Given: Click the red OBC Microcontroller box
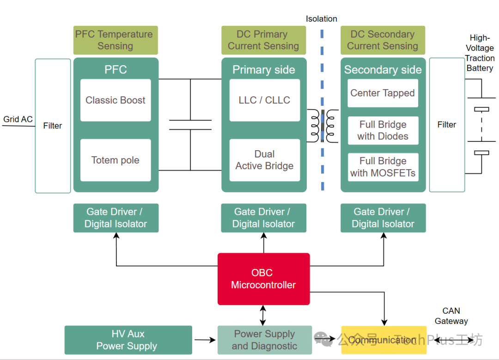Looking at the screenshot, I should click(263, 279).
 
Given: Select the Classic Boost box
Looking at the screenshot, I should click(116, 100).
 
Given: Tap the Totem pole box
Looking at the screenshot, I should click(116, 160).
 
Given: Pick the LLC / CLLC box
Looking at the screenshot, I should click(264, 100).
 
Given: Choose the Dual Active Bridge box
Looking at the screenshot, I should click(264, 160).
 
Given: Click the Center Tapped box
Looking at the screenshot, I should click(383, 93).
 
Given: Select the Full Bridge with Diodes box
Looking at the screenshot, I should click(383, 130).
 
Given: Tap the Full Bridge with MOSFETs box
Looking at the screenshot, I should click(383, 167).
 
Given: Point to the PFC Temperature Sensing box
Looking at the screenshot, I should click(116, 40).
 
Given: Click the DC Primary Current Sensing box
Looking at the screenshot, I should click(263, 40).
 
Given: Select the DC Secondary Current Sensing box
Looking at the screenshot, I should click(383, 40).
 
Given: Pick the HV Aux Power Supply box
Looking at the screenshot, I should click(128, 340).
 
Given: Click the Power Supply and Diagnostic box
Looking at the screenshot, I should click(264, 340).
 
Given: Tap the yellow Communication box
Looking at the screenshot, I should click(383, 340).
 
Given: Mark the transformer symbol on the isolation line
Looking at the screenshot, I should click(323, 126).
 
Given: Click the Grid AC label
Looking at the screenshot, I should click(18, 119).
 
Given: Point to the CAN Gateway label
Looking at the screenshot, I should click(451, 316).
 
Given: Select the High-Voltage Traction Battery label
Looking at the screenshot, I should click(480, 53).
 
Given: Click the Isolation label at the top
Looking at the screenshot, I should click(321, 19).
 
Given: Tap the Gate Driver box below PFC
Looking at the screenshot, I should click(116, 218).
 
